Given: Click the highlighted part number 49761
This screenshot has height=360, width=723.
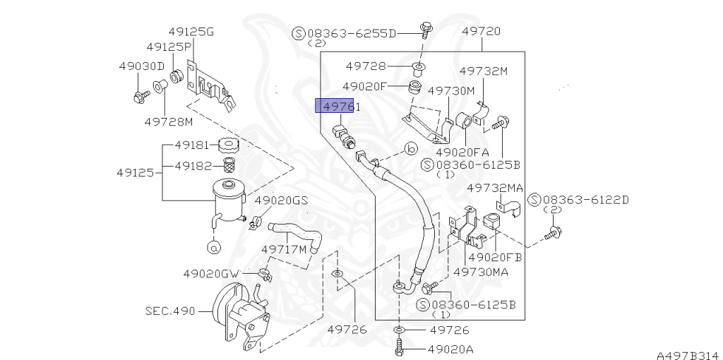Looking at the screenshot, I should (x=338, y=107).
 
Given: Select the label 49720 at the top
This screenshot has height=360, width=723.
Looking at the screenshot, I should (x=481, y=32).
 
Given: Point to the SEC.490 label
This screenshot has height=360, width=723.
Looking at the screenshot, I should (x=169, y=310).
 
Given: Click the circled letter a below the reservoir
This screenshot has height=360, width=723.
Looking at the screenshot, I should (x=213, y=246).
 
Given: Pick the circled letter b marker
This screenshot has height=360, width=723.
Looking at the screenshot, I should (x=411, y=149).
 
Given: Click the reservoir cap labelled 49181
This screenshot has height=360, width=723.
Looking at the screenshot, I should (x=229, y=146).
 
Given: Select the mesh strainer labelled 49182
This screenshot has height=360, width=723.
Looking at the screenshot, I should (x=229, y=166).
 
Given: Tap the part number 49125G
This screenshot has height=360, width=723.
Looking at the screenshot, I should (x=191, y=32).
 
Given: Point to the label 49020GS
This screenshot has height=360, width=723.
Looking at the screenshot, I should (x=281, y=200).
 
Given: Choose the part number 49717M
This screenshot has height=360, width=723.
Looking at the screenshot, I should (x=284, y=249).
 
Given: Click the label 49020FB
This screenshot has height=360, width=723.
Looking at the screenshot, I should (x=495, y=258).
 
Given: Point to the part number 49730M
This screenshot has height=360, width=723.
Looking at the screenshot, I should (x=451, y=91).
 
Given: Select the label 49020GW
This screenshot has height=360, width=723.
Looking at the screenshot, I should (x=212, y=273).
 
